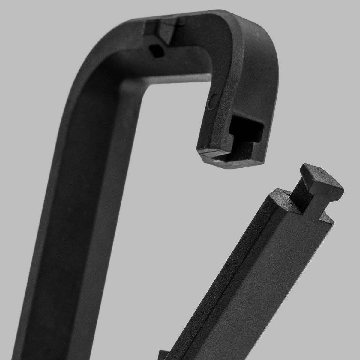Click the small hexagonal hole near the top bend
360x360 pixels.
pos(157,50)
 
